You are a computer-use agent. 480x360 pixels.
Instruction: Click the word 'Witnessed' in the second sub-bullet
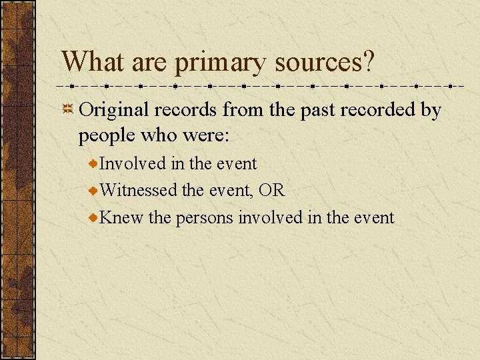point(139,190)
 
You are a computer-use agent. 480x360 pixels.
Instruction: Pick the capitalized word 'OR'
point(272,190)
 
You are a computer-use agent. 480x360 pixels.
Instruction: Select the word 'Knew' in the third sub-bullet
point(121,217)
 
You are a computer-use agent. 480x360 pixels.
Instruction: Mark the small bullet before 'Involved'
point(94,163)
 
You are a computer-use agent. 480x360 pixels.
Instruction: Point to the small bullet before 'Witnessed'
point(94,191)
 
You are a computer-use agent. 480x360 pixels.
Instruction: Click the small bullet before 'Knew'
point(94,218)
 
